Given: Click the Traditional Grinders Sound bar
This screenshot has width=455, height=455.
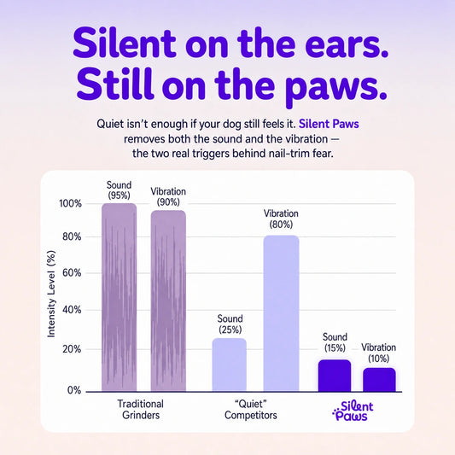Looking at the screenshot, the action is [119, 297].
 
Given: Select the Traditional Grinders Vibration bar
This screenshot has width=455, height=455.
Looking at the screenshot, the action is [168, 301].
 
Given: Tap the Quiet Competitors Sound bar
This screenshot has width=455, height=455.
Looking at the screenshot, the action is [230, 365].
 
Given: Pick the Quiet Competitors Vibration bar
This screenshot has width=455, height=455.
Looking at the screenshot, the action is [281, 313].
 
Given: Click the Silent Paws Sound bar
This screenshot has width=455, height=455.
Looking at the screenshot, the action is [335, 376].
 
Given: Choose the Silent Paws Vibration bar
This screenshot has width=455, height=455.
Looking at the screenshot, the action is [379, 380].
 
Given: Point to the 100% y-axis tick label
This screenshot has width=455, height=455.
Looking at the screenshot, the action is [71, 203].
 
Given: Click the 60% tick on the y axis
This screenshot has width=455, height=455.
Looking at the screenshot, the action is [72, 273].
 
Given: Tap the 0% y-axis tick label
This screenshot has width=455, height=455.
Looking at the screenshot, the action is [74, 390].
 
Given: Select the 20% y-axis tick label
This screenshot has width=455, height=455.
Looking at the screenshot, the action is [72, 349].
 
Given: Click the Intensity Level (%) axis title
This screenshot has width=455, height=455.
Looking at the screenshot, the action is [51, 294].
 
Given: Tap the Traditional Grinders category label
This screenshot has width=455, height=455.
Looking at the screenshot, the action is [141, 410].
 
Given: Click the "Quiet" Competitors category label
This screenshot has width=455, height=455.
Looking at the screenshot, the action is [251, 410].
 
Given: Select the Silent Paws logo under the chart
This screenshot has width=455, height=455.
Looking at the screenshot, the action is [353, 411].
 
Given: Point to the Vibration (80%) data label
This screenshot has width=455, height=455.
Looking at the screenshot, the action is [281, 219].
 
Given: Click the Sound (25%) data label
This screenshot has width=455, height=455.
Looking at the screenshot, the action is [230, 324].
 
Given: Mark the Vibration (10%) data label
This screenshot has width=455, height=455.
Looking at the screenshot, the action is [379, 353].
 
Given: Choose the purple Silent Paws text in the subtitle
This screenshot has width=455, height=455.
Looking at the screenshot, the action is [329, 124].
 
